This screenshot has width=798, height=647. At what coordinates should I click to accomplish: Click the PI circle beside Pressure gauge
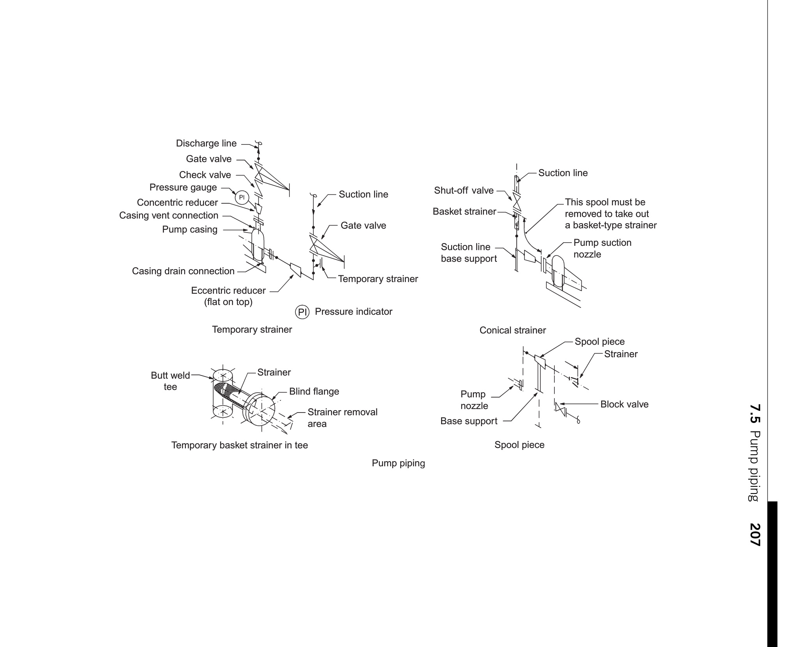(241, 197)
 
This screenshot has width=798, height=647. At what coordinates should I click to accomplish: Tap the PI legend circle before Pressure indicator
(303, 312)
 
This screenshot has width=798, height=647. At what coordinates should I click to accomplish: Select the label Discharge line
(206, 143)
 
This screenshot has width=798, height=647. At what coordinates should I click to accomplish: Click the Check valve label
(205, 175)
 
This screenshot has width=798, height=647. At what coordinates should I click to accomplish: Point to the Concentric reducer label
(177, 203)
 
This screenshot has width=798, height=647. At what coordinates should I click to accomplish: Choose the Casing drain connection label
(183, 271)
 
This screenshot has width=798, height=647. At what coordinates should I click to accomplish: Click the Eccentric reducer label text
(228, 291)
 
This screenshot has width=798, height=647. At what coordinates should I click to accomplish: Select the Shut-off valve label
(464, 190)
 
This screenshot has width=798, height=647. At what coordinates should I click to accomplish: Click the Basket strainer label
(464, 212)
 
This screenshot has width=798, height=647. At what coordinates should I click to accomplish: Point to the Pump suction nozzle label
(602, 249)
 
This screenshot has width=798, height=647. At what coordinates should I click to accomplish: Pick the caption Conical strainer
(512, 330)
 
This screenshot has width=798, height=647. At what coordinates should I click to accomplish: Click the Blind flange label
(314, 391)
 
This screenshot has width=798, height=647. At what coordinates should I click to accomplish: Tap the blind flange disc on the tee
(262, 412)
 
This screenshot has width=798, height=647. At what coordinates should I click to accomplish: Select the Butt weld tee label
(170, 381)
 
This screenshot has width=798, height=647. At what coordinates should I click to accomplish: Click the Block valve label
(624, 404)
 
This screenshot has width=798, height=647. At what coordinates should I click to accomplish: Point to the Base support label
(469, 421)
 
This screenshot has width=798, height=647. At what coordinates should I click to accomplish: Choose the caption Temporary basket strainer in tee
(240, 445)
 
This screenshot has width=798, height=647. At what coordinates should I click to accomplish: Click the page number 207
(755, 535)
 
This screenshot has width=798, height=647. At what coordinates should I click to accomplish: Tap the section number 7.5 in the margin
(755, 414)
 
